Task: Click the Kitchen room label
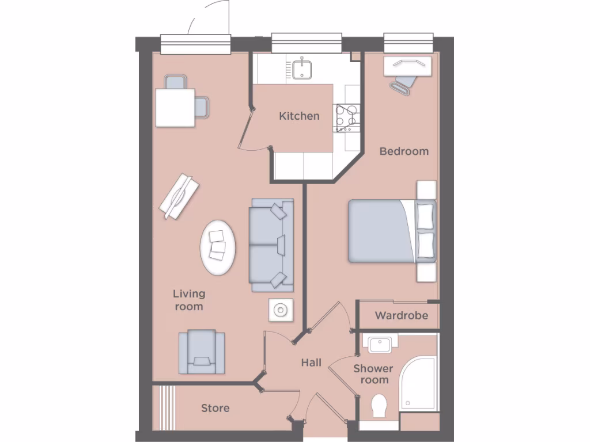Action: tap(299, 116)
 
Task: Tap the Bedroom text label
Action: tap(404, 151)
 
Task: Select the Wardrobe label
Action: tap(401, 315)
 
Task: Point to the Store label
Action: tap(215, 408)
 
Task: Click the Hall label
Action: tap(311, 363)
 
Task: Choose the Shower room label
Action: tap(373, 374)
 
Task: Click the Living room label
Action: tap(188, 300)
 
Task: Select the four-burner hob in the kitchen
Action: tap(347, 116)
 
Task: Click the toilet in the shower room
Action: tap(380, 405)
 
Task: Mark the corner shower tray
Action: tap(418, 384)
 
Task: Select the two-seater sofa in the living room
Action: tap(270, 245)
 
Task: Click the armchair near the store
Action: tap(201, 352)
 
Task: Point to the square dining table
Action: tap(175, 108)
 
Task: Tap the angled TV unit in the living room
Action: tap(179, 196)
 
